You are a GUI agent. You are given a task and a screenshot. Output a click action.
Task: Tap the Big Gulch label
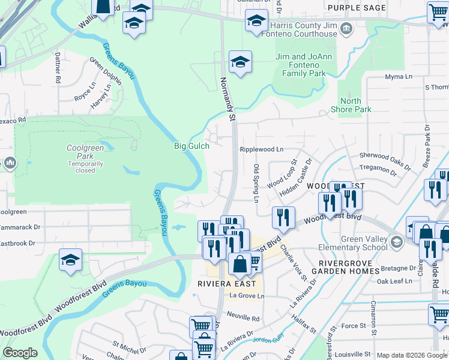(191, 146)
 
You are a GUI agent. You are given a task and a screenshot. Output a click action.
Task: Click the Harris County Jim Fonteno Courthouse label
(304, 30)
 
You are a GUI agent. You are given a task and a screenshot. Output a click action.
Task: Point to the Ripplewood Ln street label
(261, 149)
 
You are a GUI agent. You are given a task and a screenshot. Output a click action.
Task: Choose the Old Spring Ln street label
(256, 182)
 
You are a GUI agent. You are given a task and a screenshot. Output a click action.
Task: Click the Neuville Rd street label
(244, 319)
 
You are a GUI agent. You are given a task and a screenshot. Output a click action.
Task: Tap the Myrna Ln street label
(399, 77)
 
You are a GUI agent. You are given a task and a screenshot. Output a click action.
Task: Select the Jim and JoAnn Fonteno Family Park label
(300, 65)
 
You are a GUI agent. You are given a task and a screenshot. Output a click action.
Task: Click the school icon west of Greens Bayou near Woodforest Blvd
(70, 261)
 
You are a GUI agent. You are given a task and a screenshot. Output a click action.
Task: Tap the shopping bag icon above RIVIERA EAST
(240, 263)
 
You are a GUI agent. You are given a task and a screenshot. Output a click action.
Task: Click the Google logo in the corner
(20, 353)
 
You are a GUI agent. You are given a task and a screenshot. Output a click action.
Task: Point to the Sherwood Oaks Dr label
(385, 159)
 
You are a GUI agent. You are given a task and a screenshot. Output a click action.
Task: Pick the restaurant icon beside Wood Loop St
(283, 217)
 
